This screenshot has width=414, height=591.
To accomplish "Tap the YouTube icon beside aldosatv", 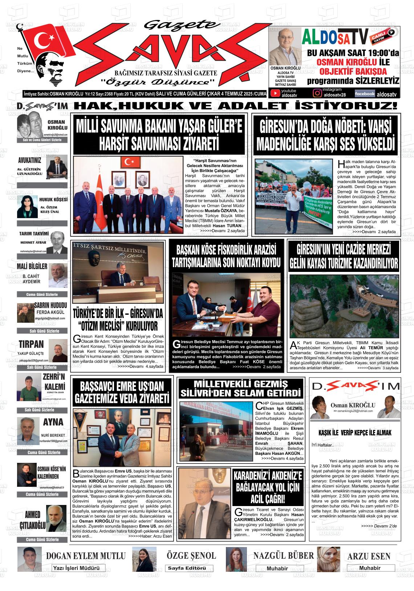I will pyautogui.click(x=276, y=94).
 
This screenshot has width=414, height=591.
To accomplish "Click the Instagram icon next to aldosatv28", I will pyautogui.click(x=317, y=93).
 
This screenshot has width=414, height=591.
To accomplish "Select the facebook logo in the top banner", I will pyautogui.click(x=365, y=94).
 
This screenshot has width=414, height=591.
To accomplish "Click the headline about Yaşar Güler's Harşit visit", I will pyautogui.click(x=159, y=135).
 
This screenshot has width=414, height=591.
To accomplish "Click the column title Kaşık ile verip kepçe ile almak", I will pyautogui.click(x=355, y=433).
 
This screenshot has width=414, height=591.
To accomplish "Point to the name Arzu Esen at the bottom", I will pyautogui.click(x=369, y=556).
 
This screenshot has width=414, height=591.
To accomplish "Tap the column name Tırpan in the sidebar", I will pyautogui.click(x=31, y=344).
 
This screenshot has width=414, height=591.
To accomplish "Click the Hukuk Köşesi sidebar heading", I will pyautogui.click(x=53, y=200).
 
